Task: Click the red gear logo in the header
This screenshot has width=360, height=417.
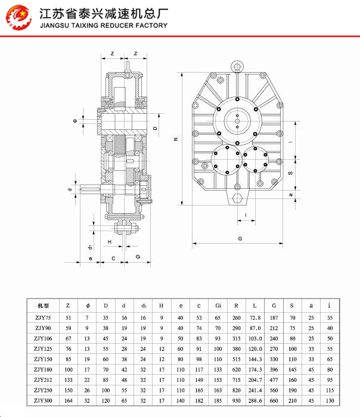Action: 18,18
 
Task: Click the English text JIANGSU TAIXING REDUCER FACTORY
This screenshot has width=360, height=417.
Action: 103,26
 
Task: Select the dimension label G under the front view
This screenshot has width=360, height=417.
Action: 239,238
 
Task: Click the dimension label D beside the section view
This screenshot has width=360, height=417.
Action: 155,128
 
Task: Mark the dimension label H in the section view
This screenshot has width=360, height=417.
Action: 110,241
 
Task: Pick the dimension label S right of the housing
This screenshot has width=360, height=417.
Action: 290,173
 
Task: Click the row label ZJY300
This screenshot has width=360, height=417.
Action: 43,401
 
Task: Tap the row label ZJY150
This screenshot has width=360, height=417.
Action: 43,359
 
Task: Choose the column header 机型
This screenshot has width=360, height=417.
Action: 43,305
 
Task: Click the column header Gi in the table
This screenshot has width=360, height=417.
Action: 218,305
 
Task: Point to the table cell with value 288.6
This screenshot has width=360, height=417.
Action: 255,401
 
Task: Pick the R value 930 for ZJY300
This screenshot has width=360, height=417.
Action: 237,401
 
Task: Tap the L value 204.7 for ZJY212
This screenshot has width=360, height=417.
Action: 255,380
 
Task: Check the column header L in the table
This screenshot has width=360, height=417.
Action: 255,305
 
